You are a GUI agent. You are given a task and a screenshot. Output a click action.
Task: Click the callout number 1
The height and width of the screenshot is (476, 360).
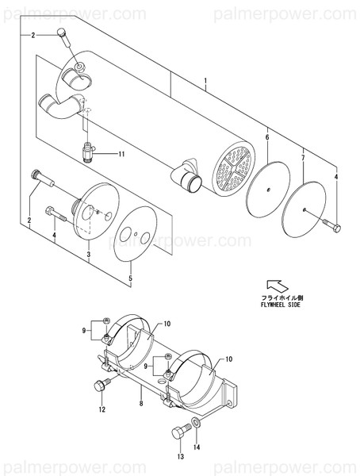point(205,83)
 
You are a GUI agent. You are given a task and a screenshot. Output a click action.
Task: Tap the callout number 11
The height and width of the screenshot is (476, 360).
point(121,152)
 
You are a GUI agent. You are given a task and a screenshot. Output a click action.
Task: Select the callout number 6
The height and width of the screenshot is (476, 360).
point(266,138)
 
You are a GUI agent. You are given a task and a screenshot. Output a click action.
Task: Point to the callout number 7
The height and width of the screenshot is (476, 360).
point(302,159)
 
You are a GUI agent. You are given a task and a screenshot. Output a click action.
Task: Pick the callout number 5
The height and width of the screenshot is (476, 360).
point(132,279)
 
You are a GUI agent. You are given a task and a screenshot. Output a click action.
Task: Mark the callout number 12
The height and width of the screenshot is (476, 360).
point(101,409)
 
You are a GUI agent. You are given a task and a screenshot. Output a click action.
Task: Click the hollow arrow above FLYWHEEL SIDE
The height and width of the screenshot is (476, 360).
point(274,285)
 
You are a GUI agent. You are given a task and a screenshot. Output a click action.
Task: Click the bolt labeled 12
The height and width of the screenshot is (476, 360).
point(101,386)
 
